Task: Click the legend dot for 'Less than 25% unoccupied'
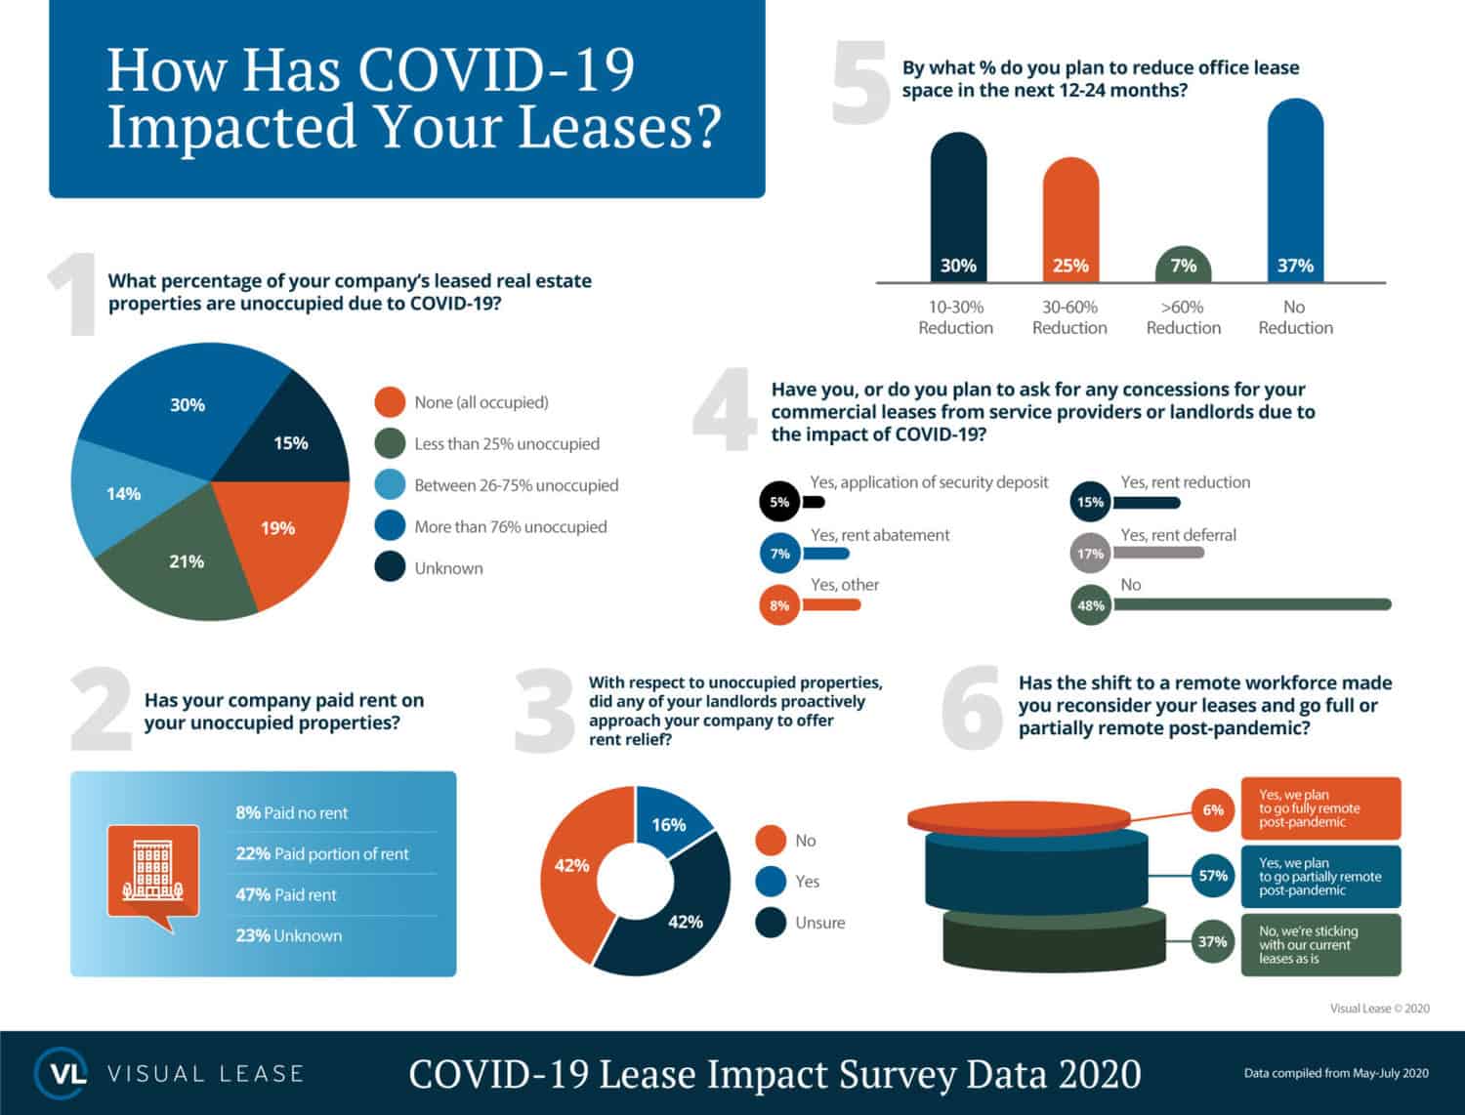pyautogui.click(x=390, y=443)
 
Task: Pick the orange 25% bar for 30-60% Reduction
pyautogui.click(x=1070, y=220)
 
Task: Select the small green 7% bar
pyautogui.click(x=1183, y=266)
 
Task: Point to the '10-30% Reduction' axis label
pyautogui.click(x=955, y=317)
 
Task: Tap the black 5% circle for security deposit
pyautogui.click(x=778, y=502)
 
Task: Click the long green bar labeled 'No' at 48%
pyautogui.click(x=1251, y=605)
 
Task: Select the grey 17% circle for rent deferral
pyautogui.click(x=1090, y=554)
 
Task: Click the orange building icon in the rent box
pyautogui.click(x=153, y=872)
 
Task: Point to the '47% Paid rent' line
pyautogui.click(x=285, y=894)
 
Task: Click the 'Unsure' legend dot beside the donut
pyautogui.click(x=771, y=923)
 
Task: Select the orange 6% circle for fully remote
pyautogui.click(x=1213, y=810)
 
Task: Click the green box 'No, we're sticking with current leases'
pyautogui.click(x=1320, y=945)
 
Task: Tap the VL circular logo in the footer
pyautogui.click(x=62, y=1073)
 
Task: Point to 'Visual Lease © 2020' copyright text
pyautogui.click(x=1379, y=1009)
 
